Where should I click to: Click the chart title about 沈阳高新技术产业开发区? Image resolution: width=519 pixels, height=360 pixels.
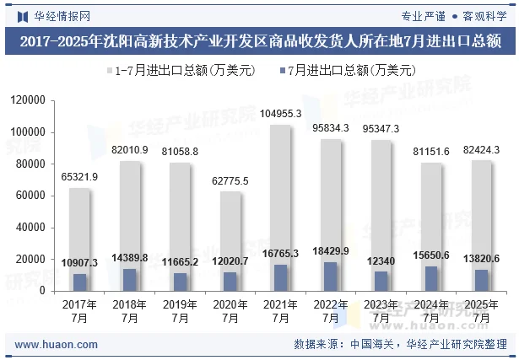coord(259,40)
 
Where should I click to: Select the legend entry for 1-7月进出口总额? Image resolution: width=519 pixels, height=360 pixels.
coord(177,71)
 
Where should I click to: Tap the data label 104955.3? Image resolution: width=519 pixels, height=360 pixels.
coord(280,113)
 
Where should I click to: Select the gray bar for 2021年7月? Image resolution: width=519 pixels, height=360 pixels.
coord(280,194)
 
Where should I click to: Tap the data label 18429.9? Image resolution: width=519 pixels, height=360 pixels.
coord(331,252)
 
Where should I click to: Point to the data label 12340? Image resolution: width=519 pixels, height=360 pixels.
coord(381,262)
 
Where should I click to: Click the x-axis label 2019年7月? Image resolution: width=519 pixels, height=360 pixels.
coord(180,311)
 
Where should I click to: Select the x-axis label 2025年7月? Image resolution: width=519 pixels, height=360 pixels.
coord(482,311)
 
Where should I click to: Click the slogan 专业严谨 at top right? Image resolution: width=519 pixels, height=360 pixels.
coord(423,14)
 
